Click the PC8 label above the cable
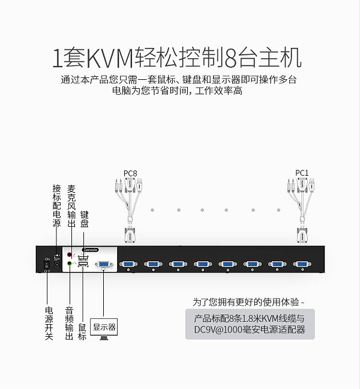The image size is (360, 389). pos(130,173)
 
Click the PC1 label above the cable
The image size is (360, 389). pos(302,173)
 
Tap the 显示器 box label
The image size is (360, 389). pos(104,327)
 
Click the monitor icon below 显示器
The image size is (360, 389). pos(104,341)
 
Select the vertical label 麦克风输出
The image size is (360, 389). pos(72,206)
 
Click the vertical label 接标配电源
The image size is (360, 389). pos(57,206)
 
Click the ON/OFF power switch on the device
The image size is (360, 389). pos(47,264)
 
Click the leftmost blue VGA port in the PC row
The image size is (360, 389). pos(128,264)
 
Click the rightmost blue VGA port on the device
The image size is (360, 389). pos(302,264)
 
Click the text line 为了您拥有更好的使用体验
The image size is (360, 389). pos(248,301)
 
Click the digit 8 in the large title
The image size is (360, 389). pos(231,58)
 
